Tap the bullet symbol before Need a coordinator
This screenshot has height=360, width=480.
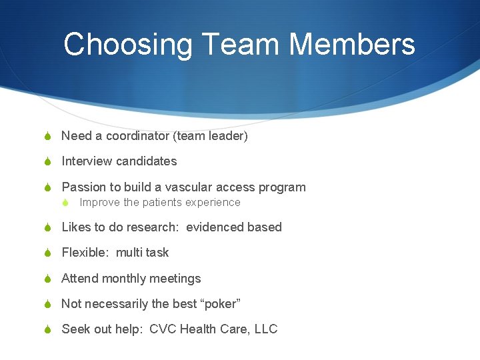pos(47,137)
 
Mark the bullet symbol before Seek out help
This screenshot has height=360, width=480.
pos(47,330)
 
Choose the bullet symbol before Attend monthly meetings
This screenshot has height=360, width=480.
pos(47,279)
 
